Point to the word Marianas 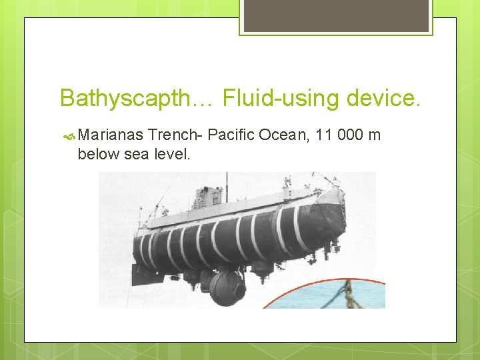(x=111, y=136)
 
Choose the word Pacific (x=233, y=136)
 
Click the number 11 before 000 (x=325, y=136)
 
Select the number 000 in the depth (x=351, y=136)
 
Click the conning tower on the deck (x=207, y=197)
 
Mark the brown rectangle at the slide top (x=336, y=15)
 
